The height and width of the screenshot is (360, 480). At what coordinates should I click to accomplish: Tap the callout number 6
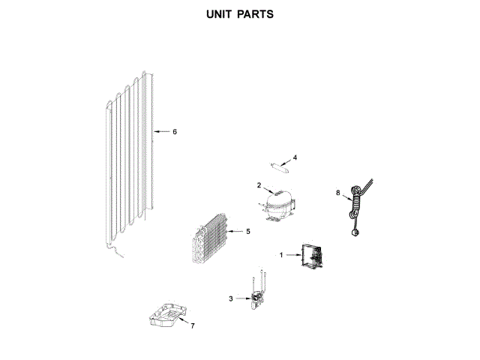[174, 132]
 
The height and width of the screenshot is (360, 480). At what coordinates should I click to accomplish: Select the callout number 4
[295, 157]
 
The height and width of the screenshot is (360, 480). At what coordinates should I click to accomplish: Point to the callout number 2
[259, 185]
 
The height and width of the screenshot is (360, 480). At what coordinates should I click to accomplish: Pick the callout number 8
[338, 193]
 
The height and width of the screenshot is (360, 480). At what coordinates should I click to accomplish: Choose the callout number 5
[247, 232]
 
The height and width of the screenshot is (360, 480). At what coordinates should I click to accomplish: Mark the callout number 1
[282, 255]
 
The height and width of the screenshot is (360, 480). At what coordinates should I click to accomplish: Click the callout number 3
[231, 298]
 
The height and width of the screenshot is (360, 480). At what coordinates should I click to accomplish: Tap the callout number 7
[192, 326]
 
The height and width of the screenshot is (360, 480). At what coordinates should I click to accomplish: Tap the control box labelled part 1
[310, 259]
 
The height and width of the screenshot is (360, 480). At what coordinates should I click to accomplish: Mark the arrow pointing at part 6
[160, 132]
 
